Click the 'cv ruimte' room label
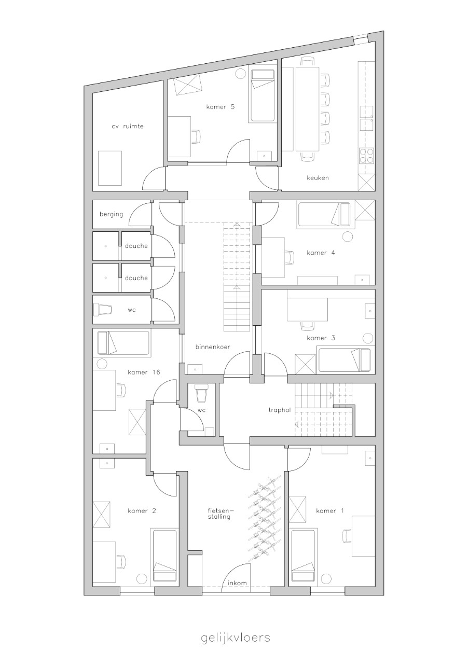pyautogui.click(x=128, y=126)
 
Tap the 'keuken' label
pyautogui.click(x=318, y=178)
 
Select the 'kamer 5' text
pyautogui.click(x=220, y=107)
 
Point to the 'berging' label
pyautogui.click(x=111, y=214)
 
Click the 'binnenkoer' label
pyautogui.click(x=213, y=347)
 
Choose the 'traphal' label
pyautogui.click(x=279, y=410)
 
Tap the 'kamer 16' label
pyautogui.click(x=144, y=372)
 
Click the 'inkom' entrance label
pyautogui.click(x=237, y=583)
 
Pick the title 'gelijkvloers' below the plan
pyautogui.click(x=236, y=635)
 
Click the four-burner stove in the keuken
pyautogui.click(x=366, y=156)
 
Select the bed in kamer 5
pyautogui.click(x=261, y=96)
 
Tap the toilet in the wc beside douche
pyautogui.click(x=103, y=310)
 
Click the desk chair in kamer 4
pyautogui.click(x=289, y=257)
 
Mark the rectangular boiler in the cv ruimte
pyautogui.click(x=109, y=168)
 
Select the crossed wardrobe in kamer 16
pyautogui.click(x=137, y=422)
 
